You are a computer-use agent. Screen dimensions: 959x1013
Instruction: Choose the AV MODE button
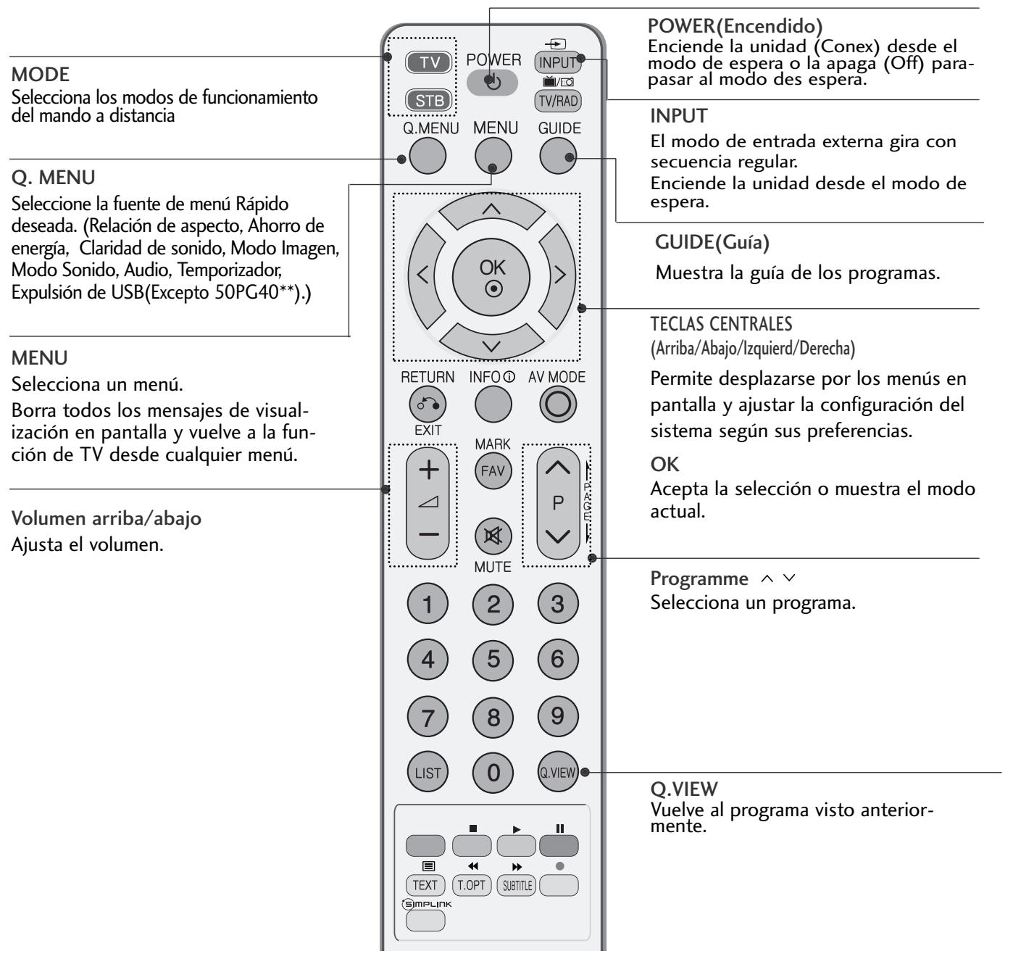(558, 405)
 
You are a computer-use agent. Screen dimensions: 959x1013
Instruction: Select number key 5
(493, 659)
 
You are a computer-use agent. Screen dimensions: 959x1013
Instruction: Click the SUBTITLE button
(514, 885)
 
